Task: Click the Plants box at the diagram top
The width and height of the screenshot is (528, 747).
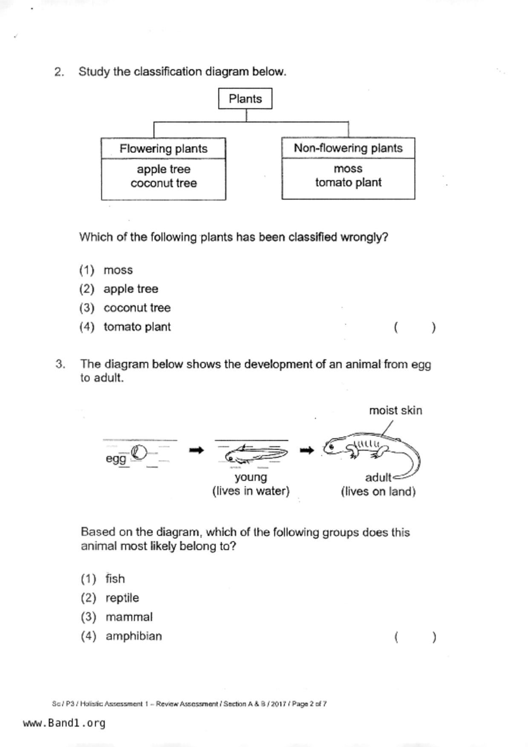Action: (x=245, y=99)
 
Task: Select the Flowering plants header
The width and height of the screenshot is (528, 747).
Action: (x=163, y=149)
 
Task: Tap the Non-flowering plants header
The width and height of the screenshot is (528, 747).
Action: (x=348, y=148)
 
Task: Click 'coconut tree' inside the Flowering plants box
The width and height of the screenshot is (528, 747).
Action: (x=164, y=183)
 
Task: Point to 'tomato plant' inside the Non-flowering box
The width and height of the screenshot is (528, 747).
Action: (x=348, y=182)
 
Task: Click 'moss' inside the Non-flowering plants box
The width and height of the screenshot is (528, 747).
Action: (x=348, y=169)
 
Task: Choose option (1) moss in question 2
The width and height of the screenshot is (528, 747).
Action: (x=118, y=270)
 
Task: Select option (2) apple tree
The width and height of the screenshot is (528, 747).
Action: (x=130, y=289)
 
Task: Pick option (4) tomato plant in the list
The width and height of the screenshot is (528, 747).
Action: (x=137, y=327)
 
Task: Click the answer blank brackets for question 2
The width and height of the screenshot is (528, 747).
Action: (x=415, y=328)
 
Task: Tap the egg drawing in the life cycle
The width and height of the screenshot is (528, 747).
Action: (x=139, y=452)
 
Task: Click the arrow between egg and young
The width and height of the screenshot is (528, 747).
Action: (x=196, y=450)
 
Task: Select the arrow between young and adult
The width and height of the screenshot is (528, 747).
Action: (x=307, y=450)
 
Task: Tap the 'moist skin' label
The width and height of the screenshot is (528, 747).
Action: (x=395, y=411)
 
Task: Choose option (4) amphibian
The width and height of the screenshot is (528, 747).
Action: (x=133, y=636)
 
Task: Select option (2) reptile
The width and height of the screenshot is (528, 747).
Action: (x=122, y=598)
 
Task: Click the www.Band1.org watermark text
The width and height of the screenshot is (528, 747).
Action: (x=64, y=723)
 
